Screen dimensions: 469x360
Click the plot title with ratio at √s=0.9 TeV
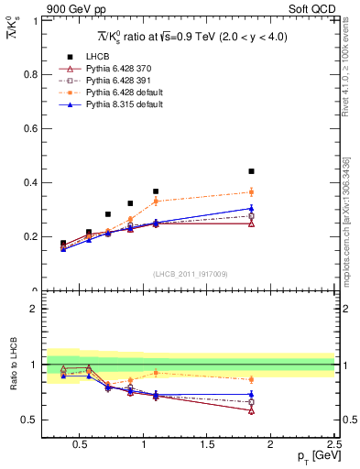[189, 36]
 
